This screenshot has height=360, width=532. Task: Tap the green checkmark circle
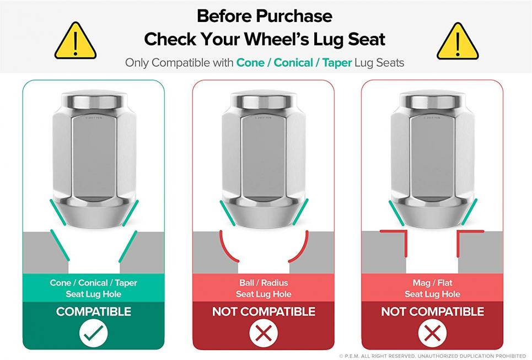pos(94,333)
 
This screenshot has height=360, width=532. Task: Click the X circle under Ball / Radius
pos(264,333)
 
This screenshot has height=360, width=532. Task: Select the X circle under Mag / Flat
pos(432,333)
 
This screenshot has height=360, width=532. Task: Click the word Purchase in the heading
pos(294,16)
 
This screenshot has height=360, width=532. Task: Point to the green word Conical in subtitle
pos(293,63)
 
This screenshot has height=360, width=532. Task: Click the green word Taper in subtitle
pos(337,63)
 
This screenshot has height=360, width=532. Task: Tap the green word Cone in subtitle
pos(250,63)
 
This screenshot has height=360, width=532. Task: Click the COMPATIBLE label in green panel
pos(94,311)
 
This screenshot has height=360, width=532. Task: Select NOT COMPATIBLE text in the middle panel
pos(264,311)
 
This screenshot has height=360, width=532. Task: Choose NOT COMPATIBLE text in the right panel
pos(432,311)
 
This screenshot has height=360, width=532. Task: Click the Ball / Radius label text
pos(264,283)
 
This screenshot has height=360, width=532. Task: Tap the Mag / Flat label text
pos(432,283)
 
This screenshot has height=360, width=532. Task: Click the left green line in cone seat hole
pos(60,245)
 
